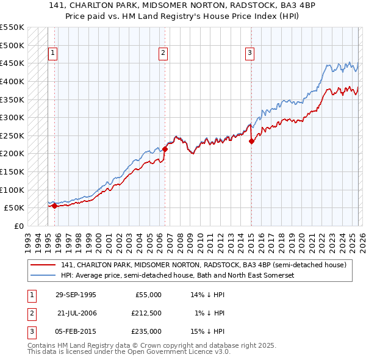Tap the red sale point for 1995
point(55,206)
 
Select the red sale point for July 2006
point(165,149)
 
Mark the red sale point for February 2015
point(251,141)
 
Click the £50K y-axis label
point(15,207)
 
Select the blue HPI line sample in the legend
point(44,275)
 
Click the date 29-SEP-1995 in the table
point(76,295)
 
